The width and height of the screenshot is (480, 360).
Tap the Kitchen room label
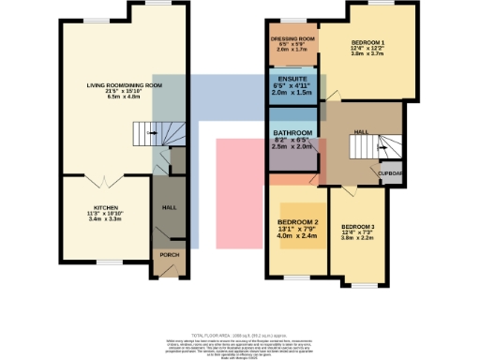coord(104,207)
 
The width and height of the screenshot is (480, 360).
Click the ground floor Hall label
coord(169,207)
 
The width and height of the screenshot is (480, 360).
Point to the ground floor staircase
coord(144,135)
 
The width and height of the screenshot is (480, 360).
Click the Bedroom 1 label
coord(367,43)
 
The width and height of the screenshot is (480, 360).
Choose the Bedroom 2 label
coord(298,221)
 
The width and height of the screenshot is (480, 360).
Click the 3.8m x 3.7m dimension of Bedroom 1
coord(367,55)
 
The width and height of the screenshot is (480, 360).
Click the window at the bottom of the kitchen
coord(105,261)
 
